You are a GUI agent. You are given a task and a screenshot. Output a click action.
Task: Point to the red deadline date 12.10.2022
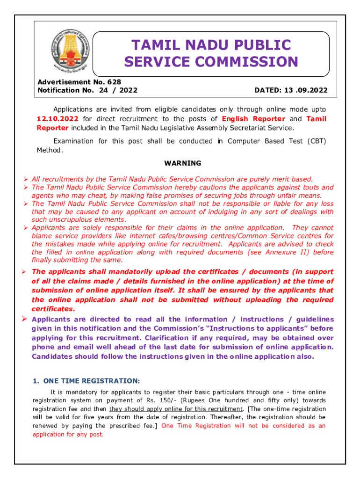[x=58, y=119]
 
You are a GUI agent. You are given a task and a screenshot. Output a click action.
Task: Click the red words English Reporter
[x=253, y=119]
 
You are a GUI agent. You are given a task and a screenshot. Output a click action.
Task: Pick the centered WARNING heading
[x=183, y=163]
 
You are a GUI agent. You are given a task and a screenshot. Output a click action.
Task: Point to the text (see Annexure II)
[x=284, y=252]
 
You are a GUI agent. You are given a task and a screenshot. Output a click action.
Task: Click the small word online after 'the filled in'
[x=85, y=253]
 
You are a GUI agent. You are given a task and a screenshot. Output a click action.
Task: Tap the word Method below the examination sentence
[x=49, y=150]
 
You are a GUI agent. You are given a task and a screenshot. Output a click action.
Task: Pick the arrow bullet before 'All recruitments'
[x=26, y=179]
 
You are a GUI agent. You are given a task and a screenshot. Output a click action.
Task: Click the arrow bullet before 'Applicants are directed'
[x=26, y=319]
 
